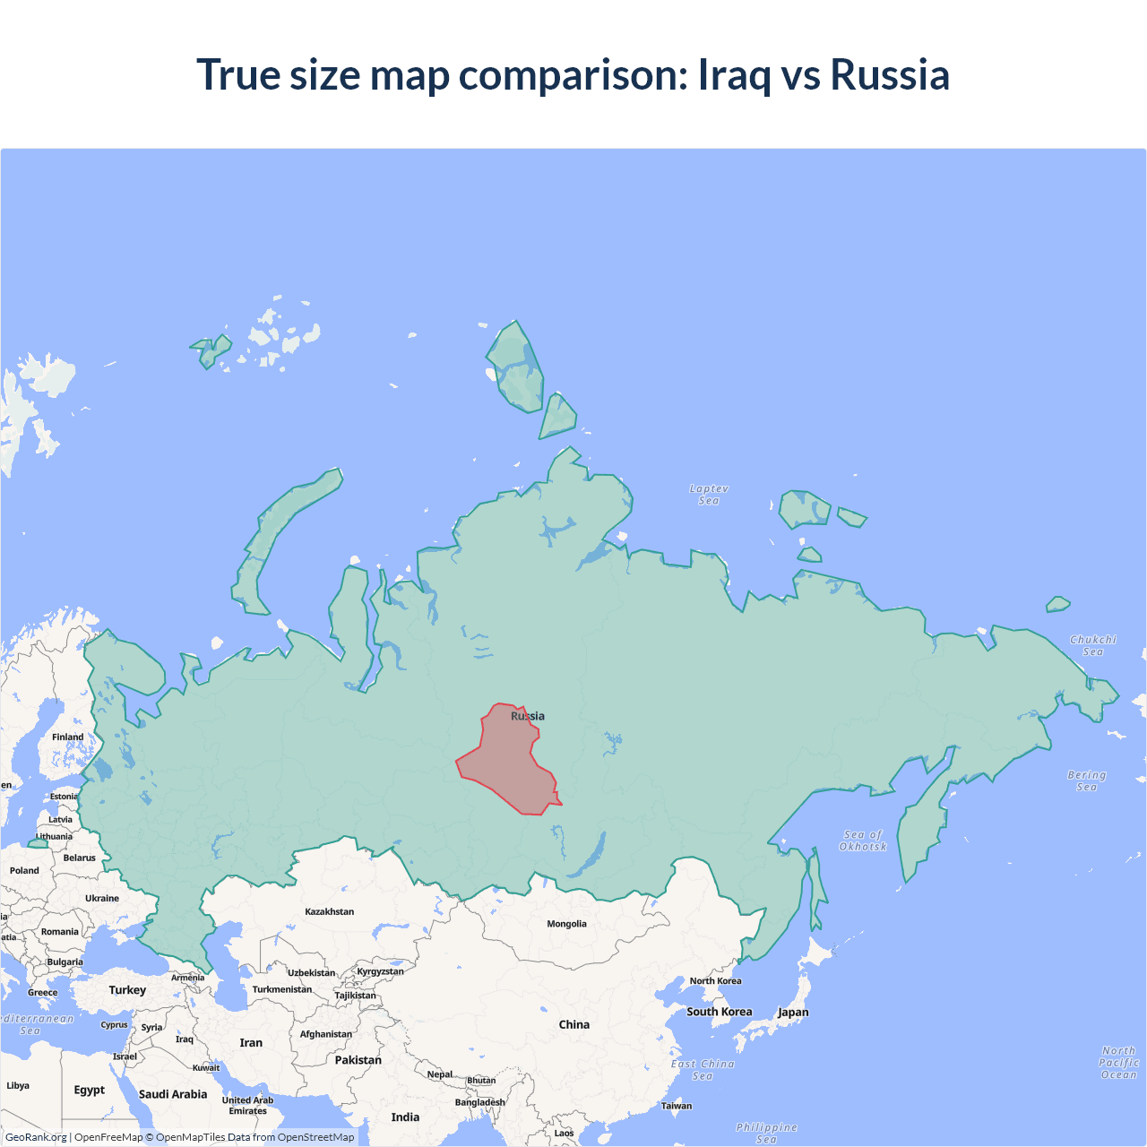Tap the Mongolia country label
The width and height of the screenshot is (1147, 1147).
coord(566,924)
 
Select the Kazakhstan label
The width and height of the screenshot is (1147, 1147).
coord(329,911)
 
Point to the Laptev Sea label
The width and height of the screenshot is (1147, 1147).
coord(709,495)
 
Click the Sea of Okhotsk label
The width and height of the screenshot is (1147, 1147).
coord(863,841)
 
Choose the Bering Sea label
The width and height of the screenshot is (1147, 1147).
coord(1086,780)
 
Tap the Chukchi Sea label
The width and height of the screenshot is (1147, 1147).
coord(1093,645)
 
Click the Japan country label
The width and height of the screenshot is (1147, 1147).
coord(793,1013)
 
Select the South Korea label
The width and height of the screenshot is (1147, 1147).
coord(719,1012)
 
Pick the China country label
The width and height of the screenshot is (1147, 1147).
coord(574,1024)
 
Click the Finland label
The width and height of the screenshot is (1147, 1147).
coord(67,737)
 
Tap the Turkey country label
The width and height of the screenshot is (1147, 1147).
coord(127,990)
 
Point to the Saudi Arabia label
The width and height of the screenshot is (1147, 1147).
coord(173,1094)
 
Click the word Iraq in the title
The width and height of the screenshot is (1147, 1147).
coord(734,74)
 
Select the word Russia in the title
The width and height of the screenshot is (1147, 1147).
coord(889,74)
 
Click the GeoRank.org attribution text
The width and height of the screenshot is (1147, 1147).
coord(36,1137)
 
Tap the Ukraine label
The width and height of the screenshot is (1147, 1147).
coord(102,898)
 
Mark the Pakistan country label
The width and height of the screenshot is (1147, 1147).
coord(358,1060)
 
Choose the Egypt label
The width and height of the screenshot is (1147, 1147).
coord(89,1090)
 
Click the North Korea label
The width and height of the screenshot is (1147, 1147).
coord(715,980)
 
